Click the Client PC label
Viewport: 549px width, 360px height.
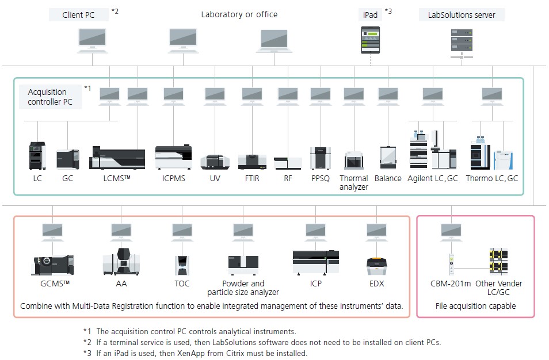coord(78,15)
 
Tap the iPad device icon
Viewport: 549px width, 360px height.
coord(371,40)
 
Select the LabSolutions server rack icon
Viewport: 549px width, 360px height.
coord(462,40)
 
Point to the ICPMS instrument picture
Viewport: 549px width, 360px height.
coord(173,156)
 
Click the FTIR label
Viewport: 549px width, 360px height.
coord(252,178)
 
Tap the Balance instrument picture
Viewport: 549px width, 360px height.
coord(388,157)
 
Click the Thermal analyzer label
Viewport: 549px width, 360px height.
coord(354,182)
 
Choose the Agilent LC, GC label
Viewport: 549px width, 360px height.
coord(433,178)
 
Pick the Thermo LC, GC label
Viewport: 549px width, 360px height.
coord(491,178)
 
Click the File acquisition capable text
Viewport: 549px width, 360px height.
coord(475,306)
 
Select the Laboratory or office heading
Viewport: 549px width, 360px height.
coord(239,14)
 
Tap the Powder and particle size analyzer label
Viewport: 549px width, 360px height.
coord(243,288)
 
